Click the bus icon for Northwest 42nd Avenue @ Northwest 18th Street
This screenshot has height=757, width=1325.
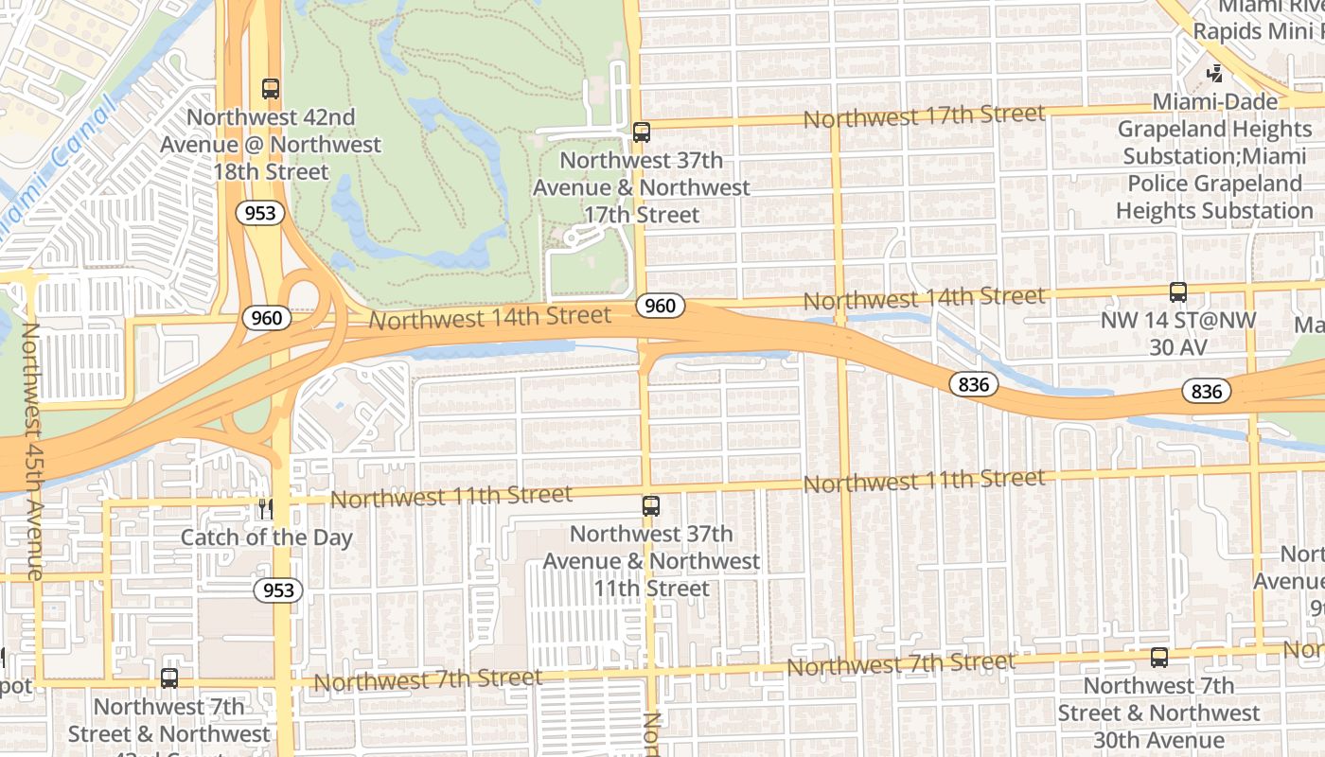pos(271,89)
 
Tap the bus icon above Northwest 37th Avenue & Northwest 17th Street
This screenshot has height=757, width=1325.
pos(642,132)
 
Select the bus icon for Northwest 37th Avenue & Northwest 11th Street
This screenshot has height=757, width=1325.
pos(651,506)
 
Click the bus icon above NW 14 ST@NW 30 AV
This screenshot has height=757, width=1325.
pos(1178,292)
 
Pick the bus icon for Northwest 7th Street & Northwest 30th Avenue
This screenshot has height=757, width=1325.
pos(1159,658)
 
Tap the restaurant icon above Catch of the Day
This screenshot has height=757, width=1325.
pos(266,510)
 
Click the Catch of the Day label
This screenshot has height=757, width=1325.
pos(266,537)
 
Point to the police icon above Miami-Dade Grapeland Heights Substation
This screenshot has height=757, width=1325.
pos(1215,73)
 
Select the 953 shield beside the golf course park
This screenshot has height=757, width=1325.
pos(259,213)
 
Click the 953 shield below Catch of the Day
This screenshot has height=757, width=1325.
pos(277,590)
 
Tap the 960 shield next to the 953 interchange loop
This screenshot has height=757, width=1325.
pos(266,318)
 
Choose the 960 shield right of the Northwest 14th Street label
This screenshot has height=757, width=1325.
pos(660,306)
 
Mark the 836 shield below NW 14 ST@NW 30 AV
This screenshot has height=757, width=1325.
pos(1207,391)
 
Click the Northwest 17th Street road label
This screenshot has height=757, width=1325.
pos(924,117)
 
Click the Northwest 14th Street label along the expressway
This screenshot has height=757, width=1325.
pos(489,318)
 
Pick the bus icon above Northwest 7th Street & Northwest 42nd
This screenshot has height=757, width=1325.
pos(169,678)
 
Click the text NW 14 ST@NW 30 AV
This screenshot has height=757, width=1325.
pos(1177,334)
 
